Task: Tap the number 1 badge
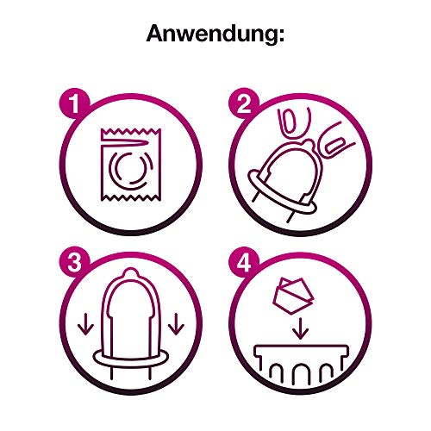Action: tap(75, 103)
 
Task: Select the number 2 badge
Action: tap(244, 103)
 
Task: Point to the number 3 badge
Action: tap(75, 263)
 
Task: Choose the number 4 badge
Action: tap(244, 263)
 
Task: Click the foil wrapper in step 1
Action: tap(131, 165)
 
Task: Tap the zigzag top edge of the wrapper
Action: tap(131, 132)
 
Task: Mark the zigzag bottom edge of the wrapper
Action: tap(131, 197)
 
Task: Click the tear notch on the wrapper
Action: tap(125, 142)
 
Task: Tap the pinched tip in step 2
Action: tap(308, 143)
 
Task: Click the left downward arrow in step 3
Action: tap(85, 324)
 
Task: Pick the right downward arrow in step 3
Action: tap(176, 324)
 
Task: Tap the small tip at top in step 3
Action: tap(130, 272)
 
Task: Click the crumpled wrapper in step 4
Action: tap(292, 296)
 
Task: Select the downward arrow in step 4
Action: tap(301, 328)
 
